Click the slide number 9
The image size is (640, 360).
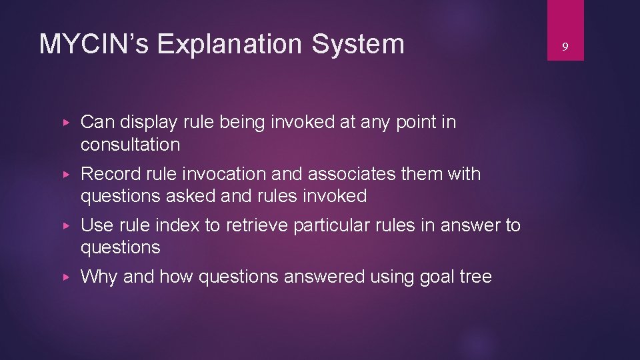565,47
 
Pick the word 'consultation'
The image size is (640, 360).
130,145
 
